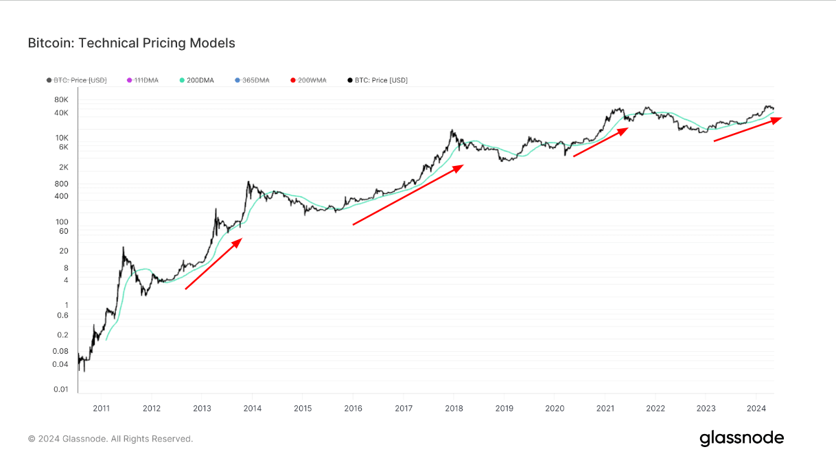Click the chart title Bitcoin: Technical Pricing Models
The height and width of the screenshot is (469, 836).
click(x=131, y=43)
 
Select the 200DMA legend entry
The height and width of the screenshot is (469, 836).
click(x=200, y=80)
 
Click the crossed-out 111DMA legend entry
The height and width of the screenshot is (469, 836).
click(x=146, y=80)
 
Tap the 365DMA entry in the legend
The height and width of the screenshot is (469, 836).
click(x=256, y=80)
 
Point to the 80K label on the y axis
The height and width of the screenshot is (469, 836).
click(x=61, y=99)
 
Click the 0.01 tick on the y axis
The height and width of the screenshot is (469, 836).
click(x=62, y=389)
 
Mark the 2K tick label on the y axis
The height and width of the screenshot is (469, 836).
click(x=63, y=167)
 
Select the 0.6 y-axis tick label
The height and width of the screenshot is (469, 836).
click(x=62, y=315)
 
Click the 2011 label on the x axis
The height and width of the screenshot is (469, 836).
click(x=101, y=408)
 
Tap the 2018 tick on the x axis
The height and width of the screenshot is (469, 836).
click(x=453, y=408)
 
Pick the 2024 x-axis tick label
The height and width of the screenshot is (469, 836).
click(x=756, y=408)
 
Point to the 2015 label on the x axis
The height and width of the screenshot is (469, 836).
click(x=303, y=408)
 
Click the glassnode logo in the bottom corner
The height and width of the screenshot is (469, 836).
click(x=741, y=438)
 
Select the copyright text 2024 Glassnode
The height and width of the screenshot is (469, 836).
click(x=111, y=439)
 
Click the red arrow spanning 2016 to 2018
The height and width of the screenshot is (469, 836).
click(x=408, y=195)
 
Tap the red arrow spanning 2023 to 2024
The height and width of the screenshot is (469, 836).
click(x=747, y=130)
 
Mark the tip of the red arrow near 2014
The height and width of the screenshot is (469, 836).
click(x=241, y=239)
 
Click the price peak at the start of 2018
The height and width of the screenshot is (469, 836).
click(x=452, y=130)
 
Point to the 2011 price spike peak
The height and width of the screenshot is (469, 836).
click(x=124, y=247)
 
